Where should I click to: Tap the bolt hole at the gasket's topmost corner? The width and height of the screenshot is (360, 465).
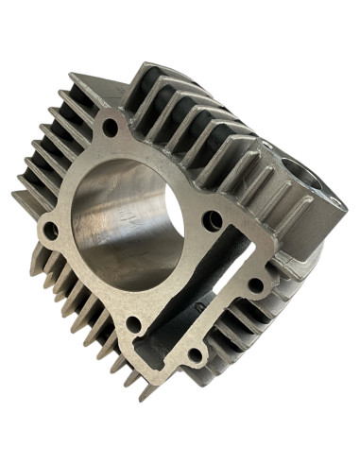point(111,126)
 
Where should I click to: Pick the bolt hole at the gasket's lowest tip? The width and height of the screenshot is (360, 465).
point(195,354)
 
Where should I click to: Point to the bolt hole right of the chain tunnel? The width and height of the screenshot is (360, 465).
point(255,284)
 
